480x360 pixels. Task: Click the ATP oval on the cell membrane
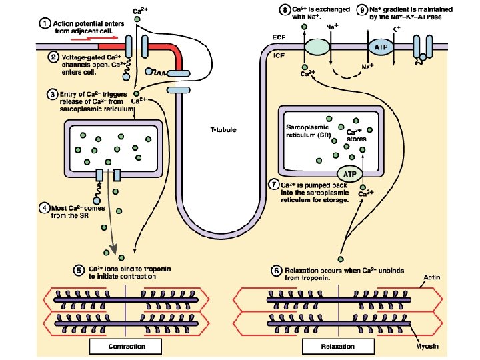pos(380,47)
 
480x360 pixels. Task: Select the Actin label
pos(431,276)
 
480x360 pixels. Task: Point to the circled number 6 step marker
pos(277,270)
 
